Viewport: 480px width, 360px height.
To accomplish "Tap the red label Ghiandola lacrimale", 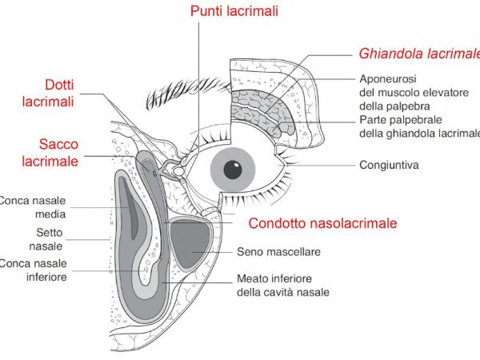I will [419, 54].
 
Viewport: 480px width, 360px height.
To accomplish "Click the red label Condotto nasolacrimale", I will [322, 223].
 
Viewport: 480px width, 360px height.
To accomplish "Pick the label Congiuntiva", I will [390, 166].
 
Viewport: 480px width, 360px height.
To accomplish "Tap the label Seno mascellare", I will [278, 251].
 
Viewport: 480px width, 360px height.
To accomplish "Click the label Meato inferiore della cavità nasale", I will [282, 286].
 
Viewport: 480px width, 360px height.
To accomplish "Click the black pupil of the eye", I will [233, 169].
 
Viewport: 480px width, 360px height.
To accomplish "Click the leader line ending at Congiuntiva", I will [320, 165].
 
